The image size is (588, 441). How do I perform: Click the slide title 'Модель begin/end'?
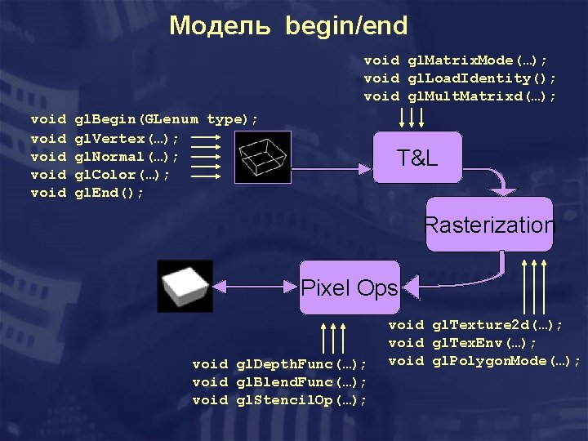point(288,26)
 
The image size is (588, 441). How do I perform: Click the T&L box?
point(417,158)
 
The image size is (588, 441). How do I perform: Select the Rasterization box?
point(489,225)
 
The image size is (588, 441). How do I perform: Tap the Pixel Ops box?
point(350,287)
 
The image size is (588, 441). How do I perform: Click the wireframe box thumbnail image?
point(262,156)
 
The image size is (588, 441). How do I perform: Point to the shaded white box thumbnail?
point(185,286)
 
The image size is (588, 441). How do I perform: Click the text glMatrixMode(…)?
point(457,60)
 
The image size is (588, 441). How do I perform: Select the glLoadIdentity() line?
point(461,78)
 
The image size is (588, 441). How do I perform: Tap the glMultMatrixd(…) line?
point(461,96)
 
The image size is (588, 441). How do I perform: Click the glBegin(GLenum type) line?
point(143,119)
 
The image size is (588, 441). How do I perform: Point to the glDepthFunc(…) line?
point(279,363)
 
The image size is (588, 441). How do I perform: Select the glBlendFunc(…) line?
point(279,381)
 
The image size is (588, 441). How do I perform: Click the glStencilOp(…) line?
point(279,399)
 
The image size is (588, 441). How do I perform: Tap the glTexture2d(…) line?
point(475,324)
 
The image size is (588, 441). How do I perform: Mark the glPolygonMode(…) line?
point(484,360)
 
